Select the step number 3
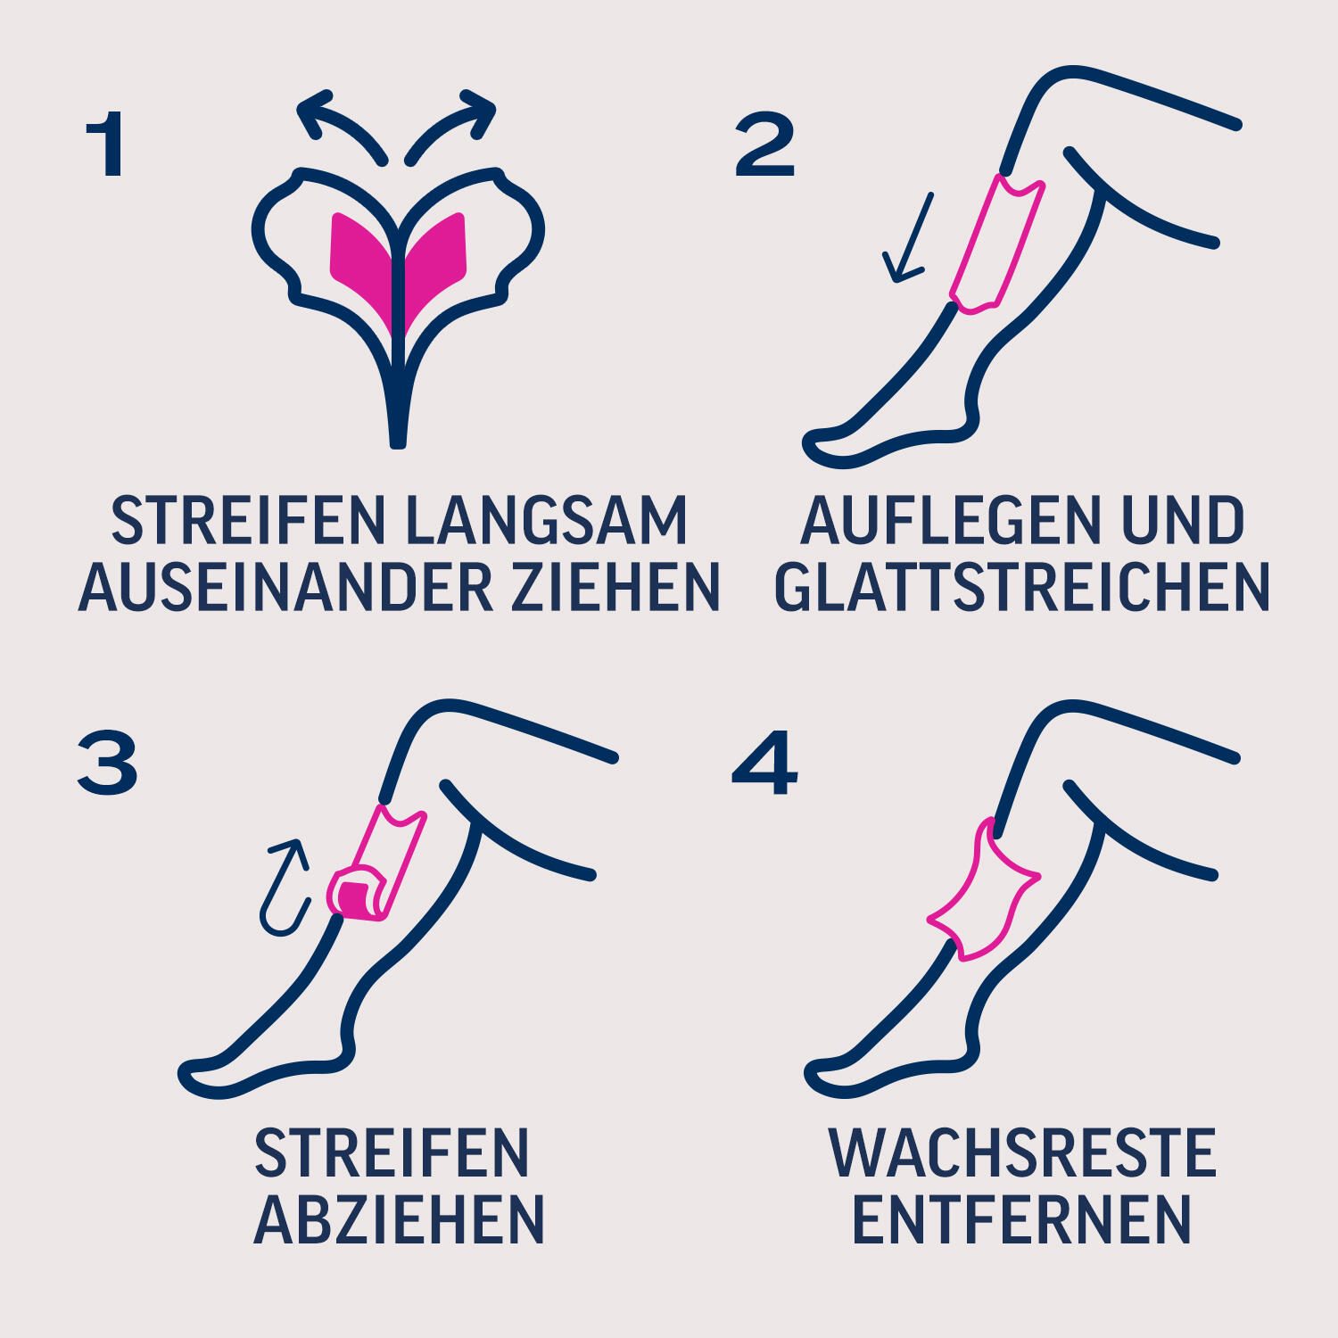click(x=107, y=765)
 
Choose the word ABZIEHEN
click(x=400, y=1219)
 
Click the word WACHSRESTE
click(x=1022, y=1153)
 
